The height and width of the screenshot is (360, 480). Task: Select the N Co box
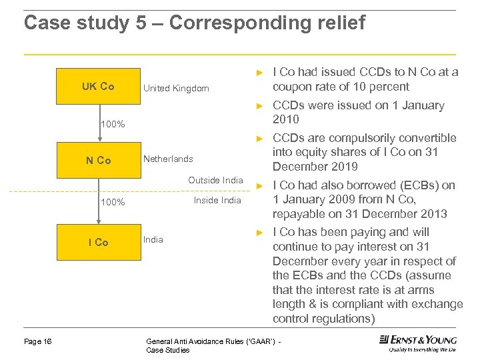tap(98, 161)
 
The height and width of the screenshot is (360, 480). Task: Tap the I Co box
tap(98, 242)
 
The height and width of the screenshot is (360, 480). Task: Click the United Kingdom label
tap(176, 88)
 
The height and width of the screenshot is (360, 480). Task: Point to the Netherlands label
tap(168, 159)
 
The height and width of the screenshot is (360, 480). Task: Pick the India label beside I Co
tap(153, 239)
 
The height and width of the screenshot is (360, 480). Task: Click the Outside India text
tap(215, 181)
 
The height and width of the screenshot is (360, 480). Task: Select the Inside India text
tap(217, 200)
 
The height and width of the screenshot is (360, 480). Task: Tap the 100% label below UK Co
tap(112, 125)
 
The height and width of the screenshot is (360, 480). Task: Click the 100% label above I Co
tap(112, 202)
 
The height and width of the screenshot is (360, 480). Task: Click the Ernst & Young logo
tap(417, 343)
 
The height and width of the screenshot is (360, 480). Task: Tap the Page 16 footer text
tap(38, 342)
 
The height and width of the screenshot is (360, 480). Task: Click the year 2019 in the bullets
tap(344, 167)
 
